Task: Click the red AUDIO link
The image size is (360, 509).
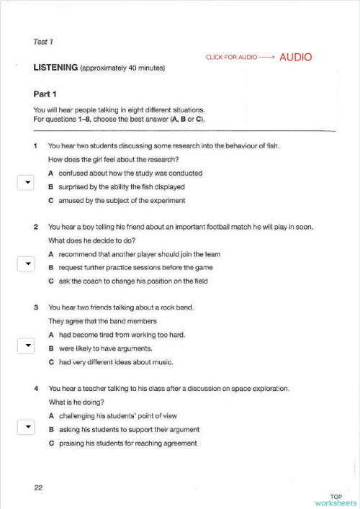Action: tap(295, 57)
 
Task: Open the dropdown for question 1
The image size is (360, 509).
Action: tap(26, 183)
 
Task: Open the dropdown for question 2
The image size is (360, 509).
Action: tap(26, 263)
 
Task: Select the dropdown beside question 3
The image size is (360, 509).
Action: tap(26, 346)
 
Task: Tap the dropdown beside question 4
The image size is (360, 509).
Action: tap(26, 427)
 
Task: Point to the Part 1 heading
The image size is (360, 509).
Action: tap(45, 94)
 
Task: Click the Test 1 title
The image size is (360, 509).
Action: tap(43, 42)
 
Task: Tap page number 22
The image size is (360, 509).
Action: tap(38, 488)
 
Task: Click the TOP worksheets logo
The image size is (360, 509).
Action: tap(336, 500)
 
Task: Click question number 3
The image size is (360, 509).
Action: tap(36, 308)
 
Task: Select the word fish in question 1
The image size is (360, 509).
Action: tap(271, 146)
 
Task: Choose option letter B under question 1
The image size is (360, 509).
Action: tap(50, 187)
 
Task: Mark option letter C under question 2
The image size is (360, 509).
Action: tap(50, 281)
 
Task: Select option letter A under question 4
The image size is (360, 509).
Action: tap(50, 416)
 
